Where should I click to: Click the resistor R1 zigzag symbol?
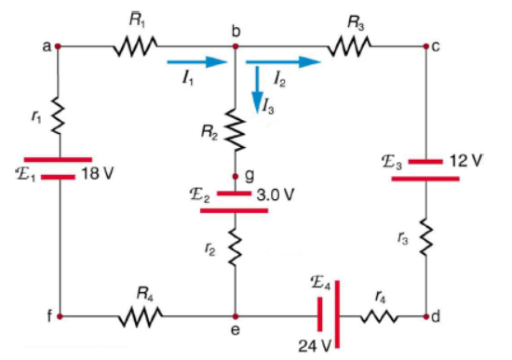[134, 44]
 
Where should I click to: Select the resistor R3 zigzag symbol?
[350, 44]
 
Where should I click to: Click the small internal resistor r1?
[58, 117]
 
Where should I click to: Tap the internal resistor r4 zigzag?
[378, 317]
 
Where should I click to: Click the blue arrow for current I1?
[197, 63]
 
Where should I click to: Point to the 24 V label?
[316, 347]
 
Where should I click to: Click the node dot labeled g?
[236, 174]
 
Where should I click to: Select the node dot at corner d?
[425, 317]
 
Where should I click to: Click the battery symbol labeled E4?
[325, 317]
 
